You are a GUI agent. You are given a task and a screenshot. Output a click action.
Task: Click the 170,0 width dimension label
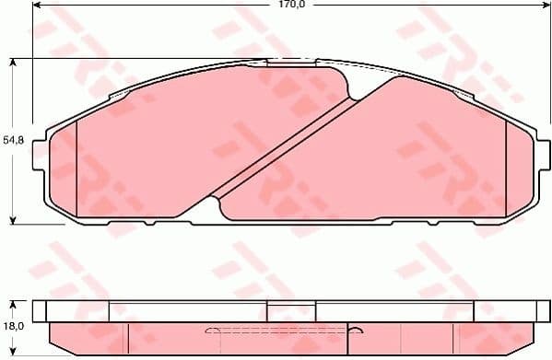point(292,6)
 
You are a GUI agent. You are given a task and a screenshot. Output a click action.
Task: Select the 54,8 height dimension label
point(11,140)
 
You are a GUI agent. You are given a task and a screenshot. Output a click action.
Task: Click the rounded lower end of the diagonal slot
point(214,196)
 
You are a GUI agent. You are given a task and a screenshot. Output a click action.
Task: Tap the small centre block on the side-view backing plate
point(291,310)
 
